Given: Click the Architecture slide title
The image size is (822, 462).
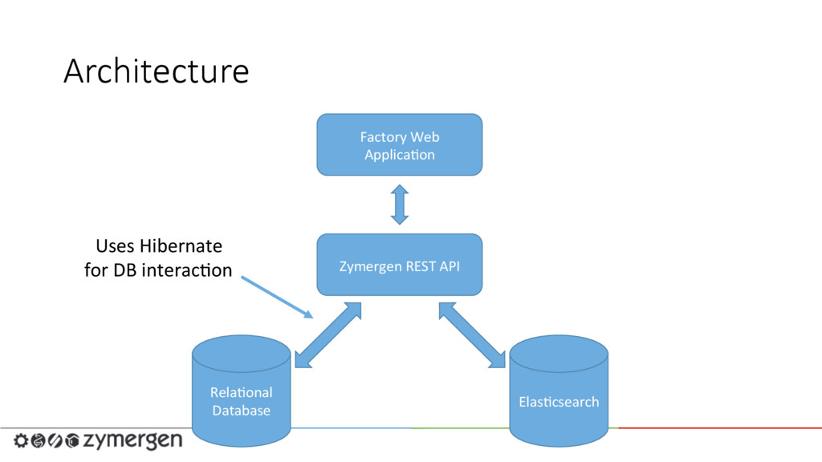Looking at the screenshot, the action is click(x=157, y=71).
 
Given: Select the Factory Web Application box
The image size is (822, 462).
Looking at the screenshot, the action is click(x=400, y=144).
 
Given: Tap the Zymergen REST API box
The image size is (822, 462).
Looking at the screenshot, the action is click(x=400, y=265).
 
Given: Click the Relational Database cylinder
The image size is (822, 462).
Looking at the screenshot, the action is click(x=241, y=391).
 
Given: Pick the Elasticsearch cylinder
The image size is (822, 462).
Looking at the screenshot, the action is click(x=559, y=391).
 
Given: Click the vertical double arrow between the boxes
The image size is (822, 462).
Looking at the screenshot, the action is click(x=400, y=205).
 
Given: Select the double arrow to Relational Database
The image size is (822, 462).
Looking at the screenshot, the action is click(x=328, y=335).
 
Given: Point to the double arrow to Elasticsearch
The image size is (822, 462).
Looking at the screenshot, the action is click(x=472, y=335).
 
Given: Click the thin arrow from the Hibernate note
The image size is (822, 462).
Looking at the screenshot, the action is click(x=277, y=297).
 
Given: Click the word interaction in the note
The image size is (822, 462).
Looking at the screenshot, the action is click(x=187, y=270).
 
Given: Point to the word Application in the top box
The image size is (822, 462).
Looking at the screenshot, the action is click(x=400, y=156).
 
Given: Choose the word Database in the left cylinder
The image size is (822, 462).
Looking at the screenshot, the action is click(x=241, y=410).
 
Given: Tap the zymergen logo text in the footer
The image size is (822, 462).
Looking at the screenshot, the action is click(x=132, y=441).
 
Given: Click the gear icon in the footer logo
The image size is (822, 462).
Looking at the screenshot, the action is click(x=21, y=440).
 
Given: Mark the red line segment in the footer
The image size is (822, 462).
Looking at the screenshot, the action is click(x=720, y=428).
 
